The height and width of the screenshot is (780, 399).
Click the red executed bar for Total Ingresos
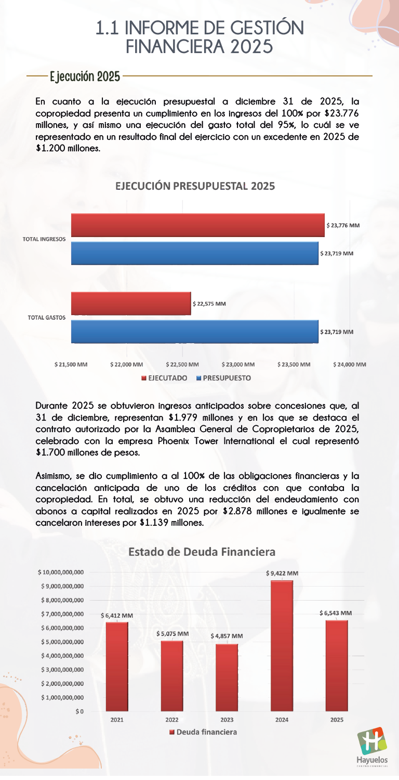point(197,225)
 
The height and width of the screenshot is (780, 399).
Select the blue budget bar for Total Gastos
point(194,332)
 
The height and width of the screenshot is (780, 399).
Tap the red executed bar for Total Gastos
point(131,304)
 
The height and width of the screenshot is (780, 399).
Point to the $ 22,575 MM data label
point(209,304)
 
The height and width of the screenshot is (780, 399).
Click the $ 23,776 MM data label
point(343,226)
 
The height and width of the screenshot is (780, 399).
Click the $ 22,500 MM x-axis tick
point(182,365)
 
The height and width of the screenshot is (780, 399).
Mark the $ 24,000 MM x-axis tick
point(350,365)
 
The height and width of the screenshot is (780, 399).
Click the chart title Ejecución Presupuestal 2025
point(195,186)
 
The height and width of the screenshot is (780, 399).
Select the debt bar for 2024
point(282,645)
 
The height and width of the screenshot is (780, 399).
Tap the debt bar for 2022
point(172,675)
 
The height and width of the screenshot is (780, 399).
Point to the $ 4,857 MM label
point(227,636)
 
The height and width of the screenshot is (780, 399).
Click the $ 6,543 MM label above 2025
point(336,613)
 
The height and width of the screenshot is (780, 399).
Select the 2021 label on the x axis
point(117,720)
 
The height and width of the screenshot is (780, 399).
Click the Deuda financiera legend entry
point(203,732)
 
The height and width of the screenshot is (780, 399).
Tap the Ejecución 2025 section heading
point(85,77)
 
